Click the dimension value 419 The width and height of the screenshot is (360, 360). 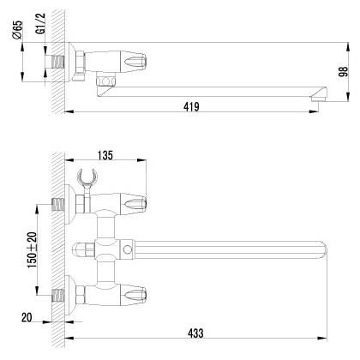190,106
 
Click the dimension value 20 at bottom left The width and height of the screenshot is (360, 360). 27,317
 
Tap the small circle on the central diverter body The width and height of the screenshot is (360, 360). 128,251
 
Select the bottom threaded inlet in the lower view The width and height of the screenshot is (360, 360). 59,293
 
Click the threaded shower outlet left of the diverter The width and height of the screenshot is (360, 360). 84,252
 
